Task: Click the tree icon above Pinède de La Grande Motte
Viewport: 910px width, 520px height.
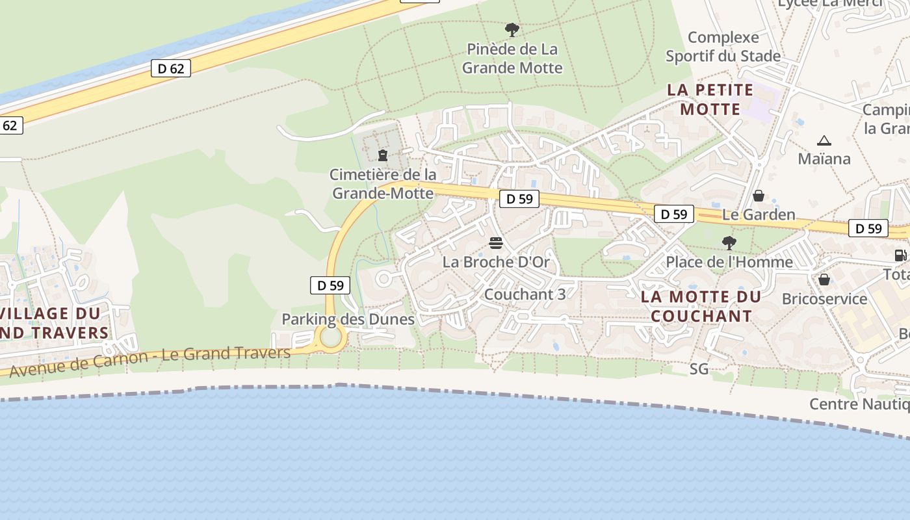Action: coord(512,29)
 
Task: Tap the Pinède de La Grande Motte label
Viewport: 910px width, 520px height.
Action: coord(512,58)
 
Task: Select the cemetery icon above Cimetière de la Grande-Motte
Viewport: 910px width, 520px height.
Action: coord(383,155)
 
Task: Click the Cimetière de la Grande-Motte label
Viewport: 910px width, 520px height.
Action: coord(383,184)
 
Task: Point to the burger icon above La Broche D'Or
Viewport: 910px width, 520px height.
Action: coord(496,244)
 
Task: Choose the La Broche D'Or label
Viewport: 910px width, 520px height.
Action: coord(496,263)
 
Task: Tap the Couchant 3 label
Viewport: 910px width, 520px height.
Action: coord(525,294)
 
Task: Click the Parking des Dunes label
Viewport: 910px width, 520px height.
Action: coord(348,319)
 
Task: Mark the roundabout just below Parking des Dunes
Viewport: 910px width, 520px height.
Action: coord(331,338)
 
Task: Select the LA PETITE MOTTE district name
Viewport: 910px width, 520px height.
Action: coord(710,99)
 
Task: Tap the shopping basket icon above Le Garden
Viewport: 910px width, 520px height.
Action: coord(758,196)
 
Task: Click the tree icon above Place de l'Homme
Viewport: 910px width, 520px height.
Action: coord(729,243)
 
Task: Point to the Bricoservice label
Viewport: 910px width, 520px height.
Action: coord(824,299)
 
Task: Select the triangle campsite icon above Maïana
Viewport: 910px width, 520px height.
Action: coord(824,140)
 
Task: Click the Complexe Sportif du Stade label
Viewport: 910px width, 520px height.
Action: coord(723,47)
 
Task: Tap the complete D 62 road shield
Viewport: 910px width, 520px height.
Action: coord(171,68)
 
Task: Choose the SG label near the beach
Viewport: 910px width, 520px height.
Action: coord(699,369)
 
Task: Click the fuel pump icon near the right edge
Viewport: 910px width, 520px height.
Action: coord(900,255)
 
